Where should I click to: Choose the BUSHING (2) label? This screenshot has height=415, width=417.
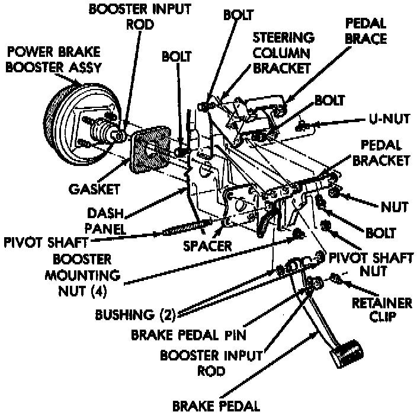[x=131, y=314]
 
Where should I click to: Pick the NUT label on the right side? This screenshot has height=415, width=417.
[x=394, y=207]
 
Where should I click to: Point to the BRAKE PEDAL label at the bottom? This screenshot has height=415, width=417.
[x=216, y=406]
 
